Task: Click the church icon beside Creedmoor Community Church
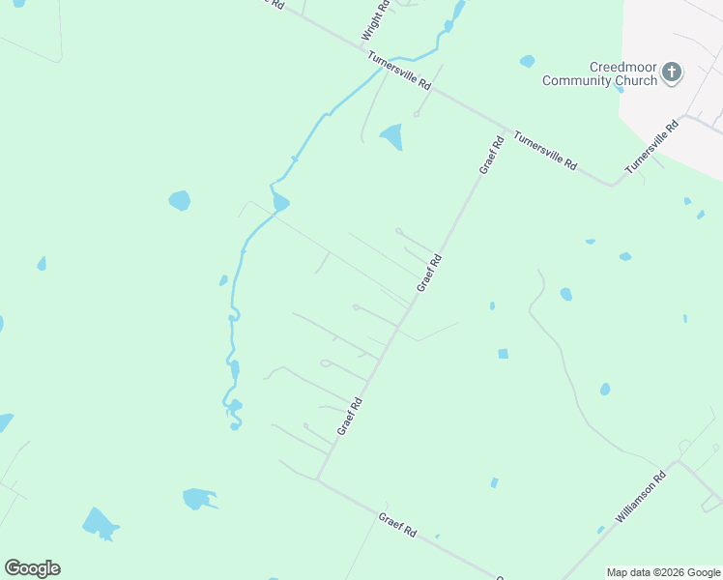pos(672,72)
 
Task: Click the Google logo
pos(32,568)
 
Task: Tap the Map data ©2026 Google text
pos(663,572)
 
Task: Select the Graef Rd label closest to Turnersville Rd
pos(492,155)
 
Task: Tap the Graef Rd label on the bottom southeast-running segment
pos(397,526)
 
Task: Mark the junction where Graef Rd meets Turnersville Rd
pos(506,130)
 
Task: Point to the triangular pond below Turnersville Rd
pos(391,136)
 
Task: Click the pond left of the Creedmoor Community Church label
pos(527,61)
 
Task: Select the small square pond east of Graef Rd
pos(503,354)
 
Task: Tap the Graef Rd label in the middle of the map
pos(429,273)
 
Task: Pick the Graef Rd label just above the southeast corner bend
pos(350,416)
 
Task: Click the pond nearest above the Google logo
pos(99,523)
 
